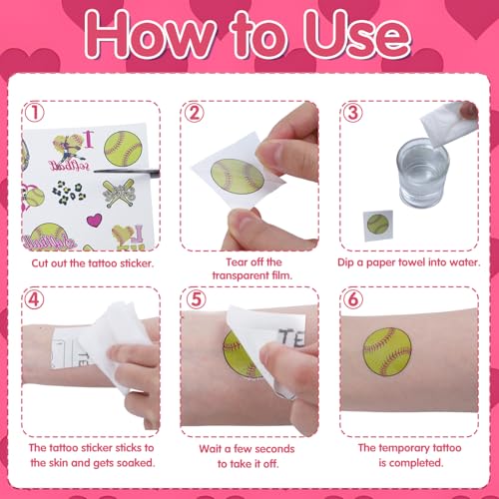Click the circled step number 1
[x=35, y=113]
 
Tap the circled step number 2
[x=194, y=113]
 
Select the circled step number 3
[x=352, y=113]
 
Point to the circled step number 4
[x=35, y=299]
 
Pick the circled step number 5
[x=196, y=299]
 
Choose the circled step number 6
[x=353, y=299]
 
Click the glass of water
[x=422, y=173]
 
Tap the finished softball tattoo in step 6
[x=387, y=351]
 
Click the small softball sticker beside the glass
[x=378, y=224]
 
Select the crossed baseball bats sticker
[x=119, y=193]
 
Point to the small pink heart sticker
[x=94, y=220]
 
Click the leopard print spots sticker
[x=69, y=193]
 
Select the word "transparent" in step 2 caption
[x=239, y=275]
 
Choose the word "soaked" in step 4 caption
[x=136, y=463]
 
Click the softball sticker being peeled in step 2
[x=238, y=176]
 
